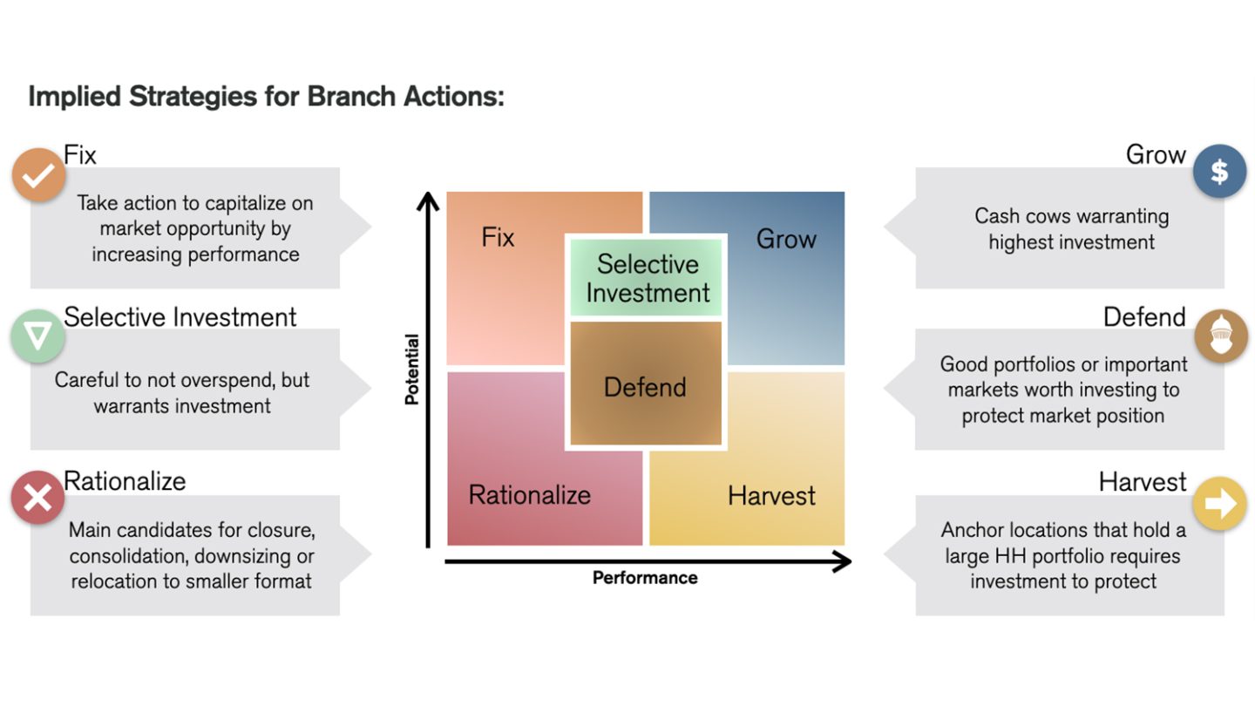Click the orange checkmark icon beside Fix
pos(38,175)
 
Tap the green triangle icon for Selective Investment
pos(37,337)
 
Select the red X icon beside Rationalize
pos(37,498)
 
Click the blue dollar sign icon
pos(1219,171)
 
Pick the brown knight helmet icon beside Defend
pos(1220,335)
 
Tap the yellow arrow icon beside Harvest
pos(1219,503)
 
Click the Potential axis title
pos(411,369)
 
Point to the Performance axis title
pos(645,578)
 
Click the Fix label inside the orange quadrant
pos(498,238)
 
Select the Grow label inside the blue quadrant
pos(785,239)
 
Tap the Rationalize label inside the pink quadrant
pos(529,495)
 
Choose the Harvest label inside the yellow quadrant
pos(771,496)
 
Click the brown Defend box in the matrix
pos(646,385)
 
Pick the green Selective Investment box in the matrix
pos(647,278)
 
